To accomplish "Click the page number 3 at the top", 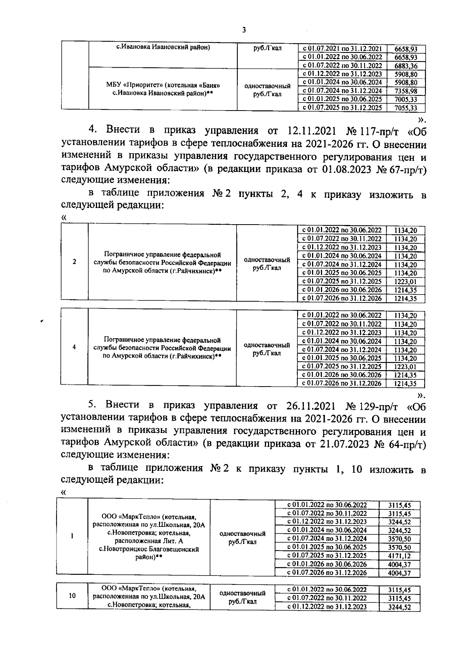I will point(244,30).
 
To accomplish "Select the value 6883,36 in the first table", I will point(406,66).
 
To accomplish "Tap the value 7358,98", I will point(406,91).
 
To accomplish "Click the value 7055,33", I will point(406,108).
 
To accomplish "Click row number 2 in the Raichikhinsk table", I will point(74,262).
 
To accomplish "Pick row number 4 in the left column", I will point(74,347).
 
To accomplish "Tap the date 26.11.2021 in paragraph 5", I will point(308,406).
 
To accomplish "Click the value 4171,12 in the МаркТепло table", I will point(399,556).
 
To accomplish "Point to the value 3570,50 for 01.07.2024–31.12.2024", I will point(399,539).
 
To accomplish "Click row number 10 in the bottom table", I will point(72,596).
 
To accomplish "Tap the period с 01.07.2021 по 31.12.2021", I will point(342,49).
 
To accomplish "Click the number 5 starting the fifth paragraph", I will point(91,405).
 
